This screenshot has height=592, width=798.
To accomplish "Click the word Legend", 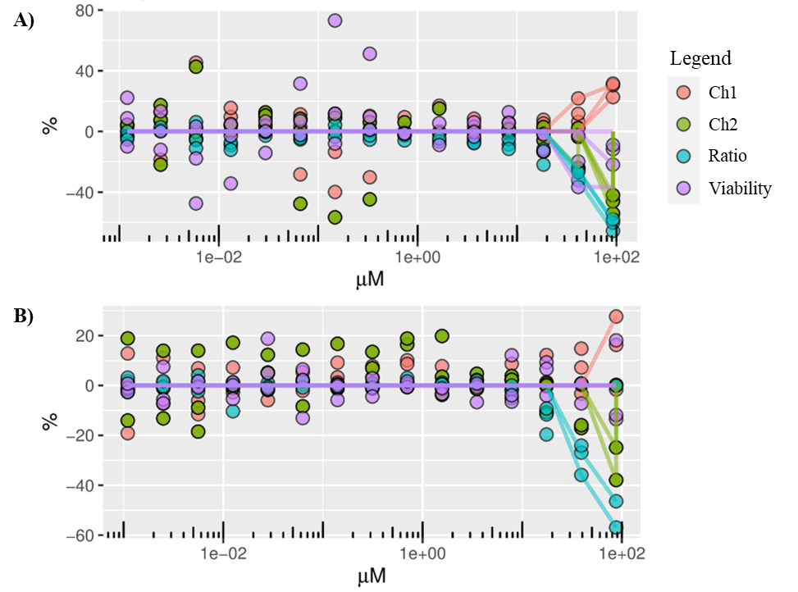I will point(700,59).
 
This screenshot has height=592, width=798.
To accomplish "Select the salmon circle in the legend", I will point(683,92).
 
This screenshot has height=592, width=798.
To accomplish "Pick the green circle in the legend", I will point(683,124).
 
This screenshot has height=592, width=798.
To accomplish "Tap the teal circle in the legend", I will point(683,156).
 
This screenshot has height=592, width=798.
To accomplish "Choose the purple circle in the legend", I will point(683,188).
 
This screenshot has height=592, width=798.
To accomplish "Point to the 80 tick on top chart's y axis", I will point(81,11).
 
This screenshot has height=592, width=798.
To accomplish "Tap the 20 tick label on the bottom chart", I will point(81,335).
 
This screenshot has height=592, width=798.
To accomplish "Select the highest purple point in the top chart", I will point(335,20).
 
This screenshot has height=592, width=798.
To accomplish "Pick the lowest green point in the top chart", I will point(335,217).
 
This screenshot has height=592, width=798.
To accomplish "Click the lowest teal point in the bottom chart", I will point(615,527).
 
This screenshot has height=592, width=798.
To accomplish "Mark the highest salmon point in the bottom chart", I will point(616,316).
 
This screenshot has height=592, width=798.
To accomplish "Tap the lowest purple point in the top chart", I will point(195,203).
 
